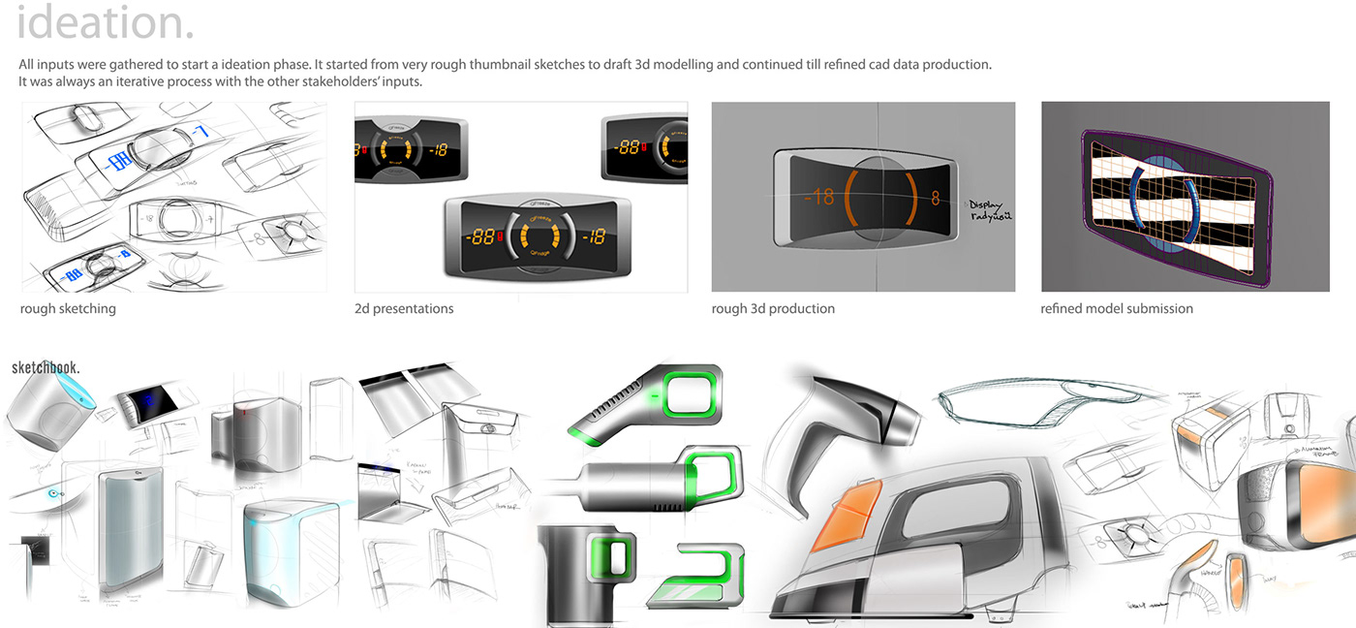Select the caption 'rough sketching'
click(x=68, y=309)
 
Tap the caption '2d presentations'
click(x=404, y=309)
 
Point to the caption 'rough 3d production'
click(x=773, y=309)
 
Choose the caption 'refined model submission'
click(x=1117, y=309)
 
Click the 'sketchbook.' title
click(x=46, y=368)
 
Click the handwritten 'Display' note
click(x=991, y=204)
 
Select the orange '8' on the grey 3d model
click(x=936, y=198)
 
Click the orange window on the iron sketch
click(x=840, y=509)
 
